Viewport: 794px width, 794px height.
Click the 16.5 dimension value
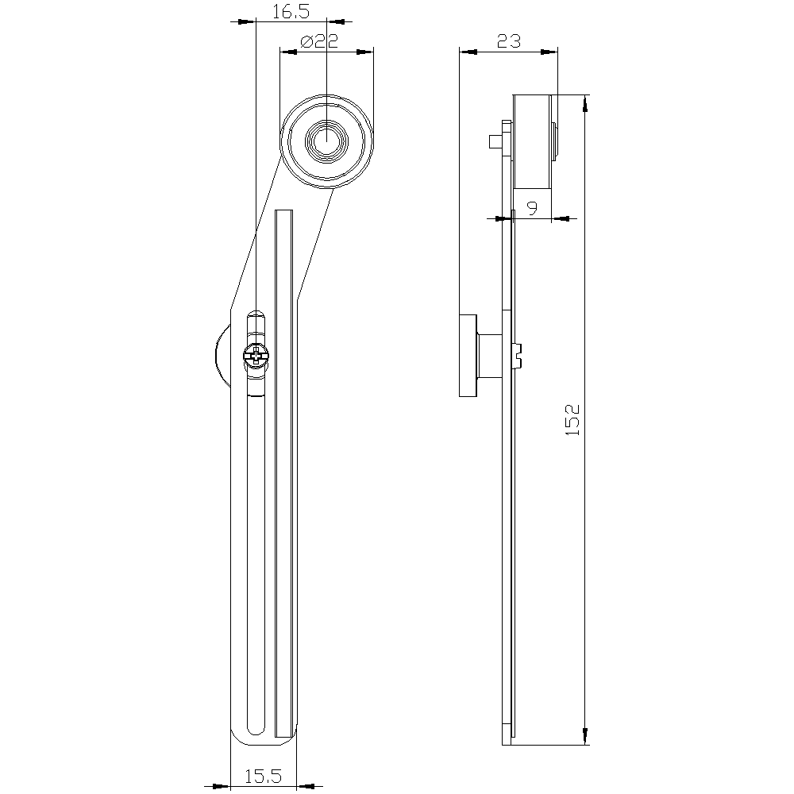coord(291,11)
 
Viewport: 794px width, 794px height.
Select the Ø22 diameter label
coord(319,41)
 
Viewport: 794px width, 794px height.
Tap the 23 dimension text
coord(508,40)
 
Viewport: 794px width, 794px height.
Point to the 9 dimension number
coord(532,207)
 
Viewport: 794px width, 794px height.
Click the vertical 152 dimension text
coord(572,420)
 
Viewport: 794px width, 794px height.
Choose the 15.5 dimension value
coord(263,776)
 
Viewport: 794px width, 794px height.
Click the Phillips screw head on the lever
coord(256,356)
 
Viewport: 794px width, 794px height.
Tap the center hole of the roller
coord(326,141)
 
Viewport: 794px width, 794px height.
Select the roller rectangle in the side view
coord(532,141)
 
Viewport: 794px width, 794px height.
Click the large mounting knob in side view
coord(468,356)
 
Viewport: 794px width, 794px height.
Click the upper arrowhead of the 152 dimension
coord(585,103)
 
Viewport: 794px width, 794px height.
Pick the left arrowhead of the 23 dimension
coord(468,52)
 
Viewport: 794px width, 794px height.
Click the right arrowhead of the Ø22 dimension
coord(364,52)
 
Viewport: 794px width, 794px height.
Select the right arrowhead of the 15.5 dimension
coord(306,786)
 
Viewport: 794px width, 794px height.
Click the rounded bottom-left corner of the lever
coord(238,738)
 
